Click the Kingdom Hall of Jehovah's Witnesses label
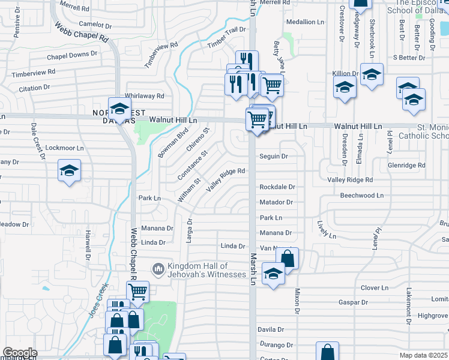(x=206, y=270)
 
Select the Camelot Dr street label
(x=95, y=25)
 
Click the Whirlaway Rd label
(x=144, y=96)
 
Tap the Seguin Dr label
(x=274, y=157)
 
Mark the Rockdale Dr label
(x=277, y=187)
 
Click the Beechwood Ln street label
(x=361, y=196)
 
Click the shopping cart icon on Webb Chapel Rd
(x=138, y=292)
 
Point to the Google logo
(x=19, y=353)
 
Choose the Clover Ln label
(x=376, y=288)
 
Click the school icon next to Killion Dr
(x=345, y=88)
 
